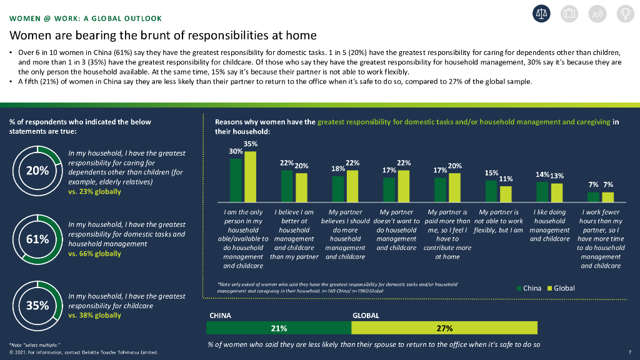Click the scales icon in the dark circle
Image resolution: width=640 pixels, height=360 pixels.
click(541, 14)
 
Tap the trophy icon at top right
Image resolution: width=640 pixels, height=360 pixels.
click(625, 14)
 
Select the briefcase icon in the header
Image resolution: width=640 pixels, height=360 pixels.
click(569, 14)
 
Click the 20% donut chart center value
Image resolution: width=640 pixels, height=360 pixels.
click(37, 171)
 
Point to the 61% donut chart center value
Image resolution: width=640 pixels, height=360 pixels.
click(37, 239)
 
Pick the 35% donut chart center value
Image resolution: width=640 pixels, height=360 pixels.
click(37, 306)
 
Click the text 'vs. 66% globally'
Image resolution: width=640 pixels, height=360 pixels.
click(95, 254)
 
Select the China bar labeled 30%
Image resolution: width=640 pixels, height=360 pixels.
click(236, 180)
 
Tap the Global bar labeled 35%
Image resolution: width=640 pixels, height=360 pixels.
click(250, 177)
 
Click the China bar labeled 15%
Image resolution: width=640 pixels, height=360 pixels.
click(491, 191)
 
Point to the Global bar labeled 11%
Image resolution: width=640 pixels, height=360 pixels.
click(506, 194)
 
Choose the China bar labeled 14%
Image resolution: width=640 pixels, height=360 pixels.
click(542, 192)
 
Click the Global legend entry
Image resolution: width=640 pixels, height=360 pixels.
click(561, 288)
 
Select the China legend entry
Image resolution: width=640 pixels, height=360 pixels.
click(529, 288)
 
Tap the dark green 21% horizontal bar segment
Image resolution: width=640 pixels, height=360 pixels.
click(279, 328)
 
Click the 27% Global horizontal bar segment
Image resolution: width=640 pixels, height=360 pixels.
click(444, 328)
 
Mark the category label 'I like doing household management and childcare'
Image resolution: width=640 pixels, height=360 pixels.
click(549, 225)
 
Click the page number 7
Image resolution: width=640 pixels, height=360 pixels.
click(630, 352)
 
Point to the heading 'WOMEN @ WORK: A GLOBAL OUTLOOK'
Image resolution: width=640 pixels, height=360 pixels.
click(86, 18)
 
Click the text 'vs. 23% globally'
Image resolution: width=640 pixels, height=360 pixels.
click(95, 191)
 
